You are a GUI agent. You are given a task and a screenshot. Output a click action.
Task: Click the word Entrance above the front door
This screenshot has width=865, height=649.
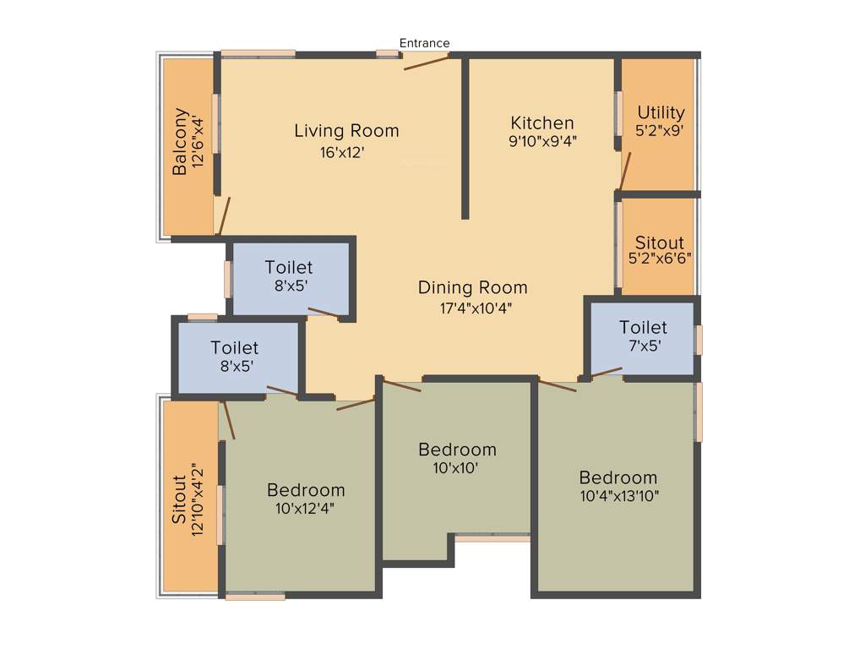point(424,43)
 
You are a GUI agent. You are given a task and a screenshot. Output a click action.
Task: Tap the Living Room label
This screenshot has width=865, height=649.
point(346,131)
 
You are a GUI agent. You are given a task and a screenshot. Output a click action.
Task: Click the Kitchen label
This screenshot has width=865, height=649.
point(542,123)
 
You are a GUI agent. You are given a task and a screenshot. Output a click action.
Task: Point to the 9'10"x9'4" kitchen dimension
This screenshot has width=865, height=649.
point(542,141)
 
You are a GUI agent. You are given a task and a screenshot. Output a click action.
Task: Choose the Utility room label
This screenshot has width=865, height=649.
point(661,112)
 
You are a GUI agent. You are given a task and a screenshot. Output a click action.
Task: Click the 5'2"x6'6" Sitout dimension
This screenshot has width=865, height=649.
point(661,259)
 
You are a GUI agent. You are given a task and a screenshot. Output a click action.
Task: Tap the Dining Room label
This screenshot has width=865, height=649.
point(472,288)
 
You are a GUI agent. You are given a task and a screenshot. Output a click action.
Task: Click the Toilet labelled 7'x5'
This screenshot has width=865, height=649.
point(643,327)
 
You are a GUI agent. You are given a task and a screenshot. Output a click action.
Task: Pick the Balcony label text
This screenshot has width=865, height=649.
point(180,141)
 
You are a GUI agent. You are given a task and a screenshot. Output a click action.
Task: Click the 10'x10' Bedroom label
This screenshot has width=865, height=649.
point(457,450)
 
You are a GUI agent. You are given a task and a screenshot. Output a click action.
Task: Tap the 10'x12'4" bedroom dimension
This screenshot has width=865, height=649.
point(306,508)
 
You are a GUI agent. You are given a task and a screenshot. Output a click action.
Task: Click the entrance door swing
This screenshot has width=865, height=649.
point(426,61)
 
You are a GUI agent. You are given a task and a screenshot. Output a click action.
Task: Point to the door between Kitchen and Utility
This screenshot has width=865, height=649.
point(625,172)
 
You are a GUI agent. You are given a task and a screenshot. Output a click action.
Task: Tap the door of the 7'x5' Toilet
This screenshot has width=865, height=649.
point(606,372)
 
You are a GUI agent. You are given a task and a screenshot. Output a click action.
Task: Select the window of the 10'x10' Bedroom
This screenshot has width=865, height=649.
point(492,537)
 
